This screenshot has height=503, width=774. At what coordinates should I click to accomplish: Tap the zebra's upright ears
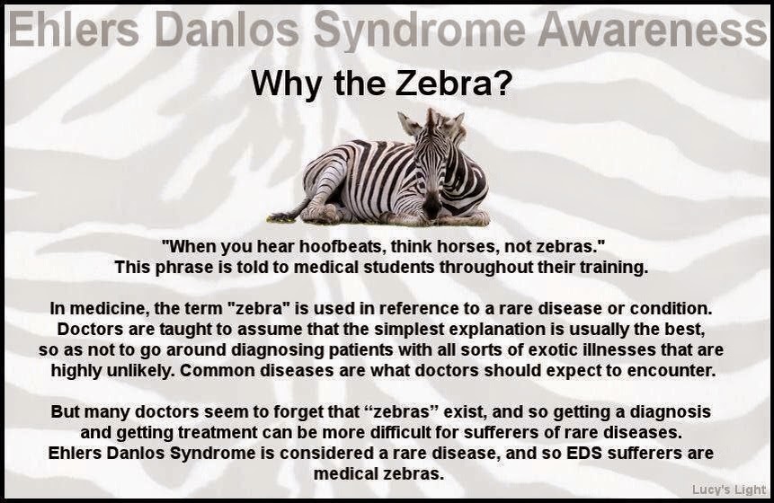[x=432, y=121]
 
